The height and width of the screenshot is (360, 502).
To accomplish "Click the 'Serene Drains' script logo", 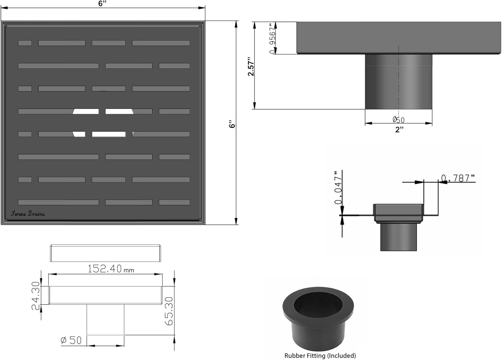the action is click(x=28, y=214).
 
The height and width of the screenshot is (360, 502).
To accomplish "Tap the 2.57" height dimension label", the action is click(x=251, y=67).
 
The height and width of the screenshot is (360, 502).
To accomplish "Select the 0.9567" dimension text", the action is click(x=272, y=38).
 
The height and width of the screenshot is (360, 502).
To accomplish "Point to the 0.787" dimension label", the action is click(x=458, y=178).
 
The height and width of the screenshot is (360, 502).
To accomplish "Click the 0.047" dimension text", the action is click(x=338, y=188).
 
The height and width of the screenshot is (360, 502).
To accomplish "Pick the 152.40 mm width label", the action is click(x=111, y=269).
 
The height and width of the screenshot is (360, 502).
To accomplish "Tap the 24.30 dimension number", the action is click(x=35, y=296).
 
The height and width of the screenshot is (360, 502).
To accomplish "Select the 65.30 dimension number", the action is click(x=169, y=311).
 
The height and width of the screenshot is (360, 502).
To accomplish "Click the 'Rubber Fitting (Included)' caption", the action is click(x=320, y=356).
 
